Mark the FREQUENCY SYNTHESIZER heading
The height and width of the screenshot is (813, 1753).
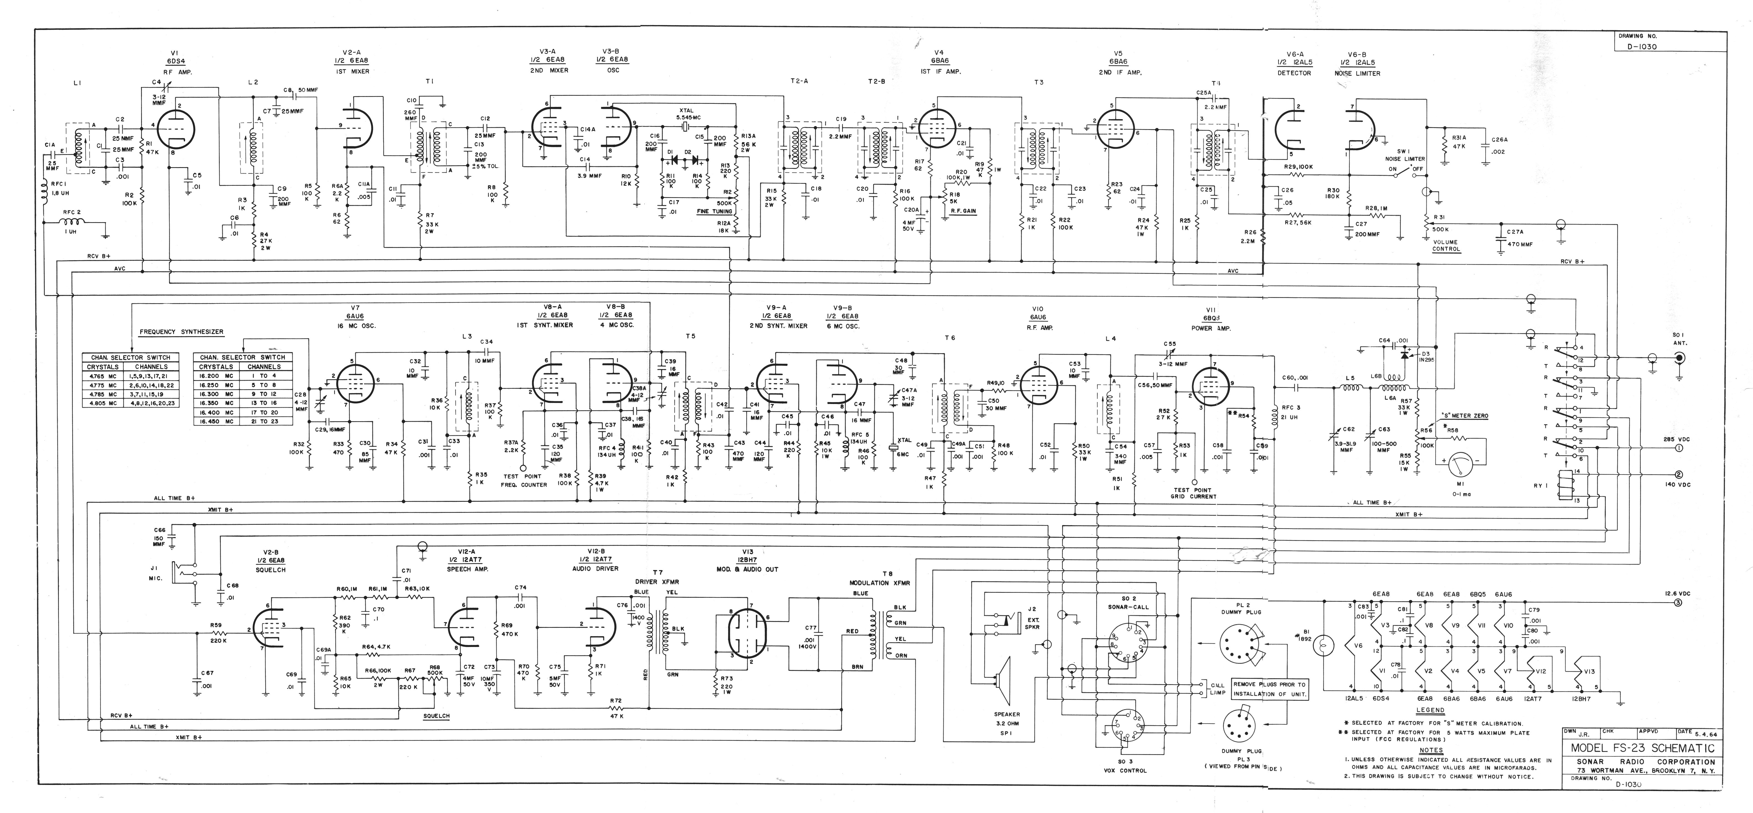(x=181, y=332)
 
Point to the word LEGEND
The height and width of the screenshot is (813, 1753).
(x=1431, y=710)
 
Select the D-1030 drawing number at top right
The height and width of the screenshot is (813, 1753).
(x=1641, y=47)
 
